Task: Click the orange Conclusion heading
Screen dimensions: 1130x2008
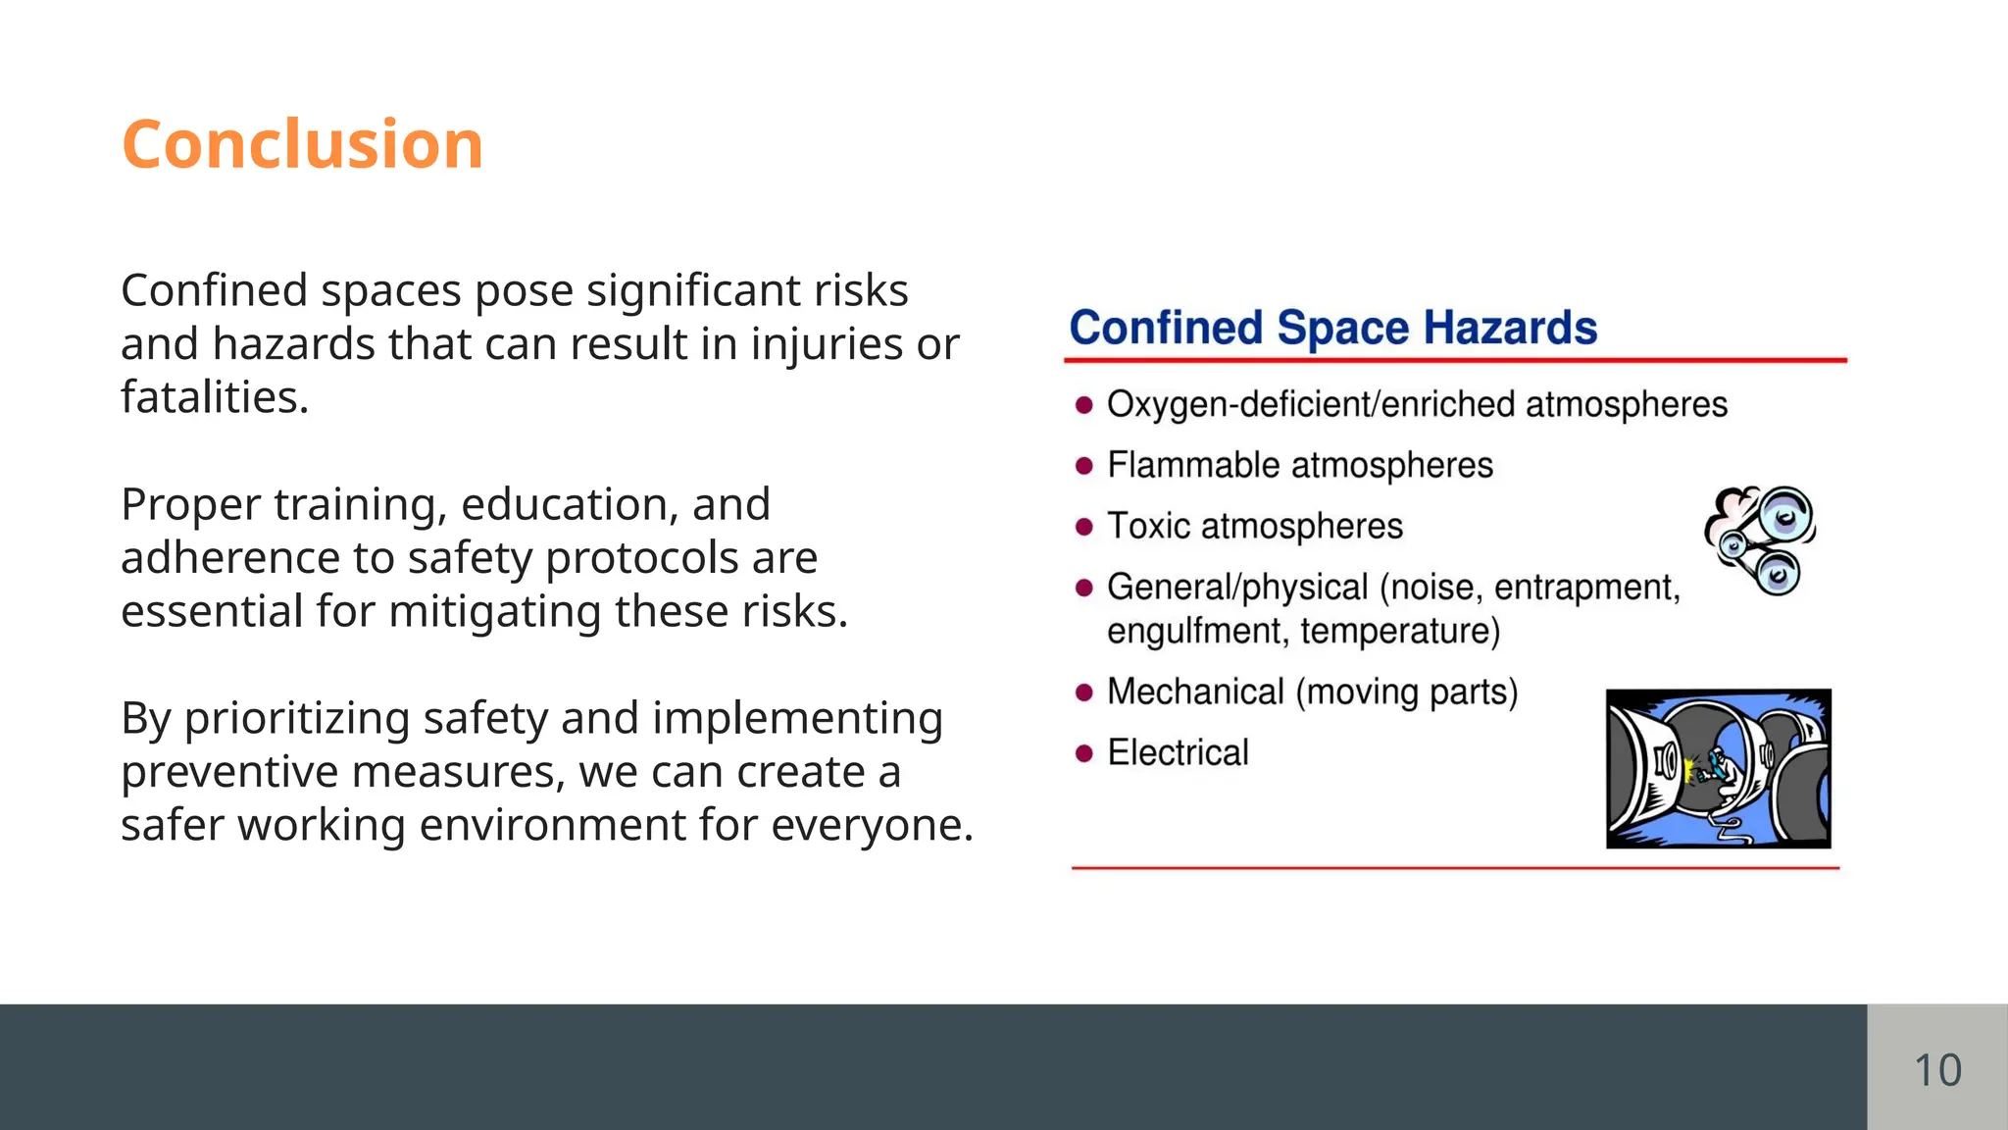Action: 302,144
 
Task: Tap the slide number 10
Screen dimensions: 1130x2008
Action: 1937,1069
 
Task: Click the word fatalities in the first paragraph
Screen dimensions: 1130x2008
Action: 214,397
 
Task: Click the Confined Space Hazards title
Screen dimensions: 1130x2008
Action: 1332,328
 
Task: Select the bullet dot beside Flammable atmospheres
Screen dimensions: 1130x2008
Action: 1083,465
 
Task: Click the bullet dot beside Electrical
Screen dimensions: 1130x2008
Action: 1083,753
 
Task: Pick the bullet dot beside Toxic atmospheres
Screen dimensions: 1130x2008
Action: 1083,527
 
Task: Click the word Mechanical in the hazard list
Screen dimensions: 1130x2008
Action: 1195,692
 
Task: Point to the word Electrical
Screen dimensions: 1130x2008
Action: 1178,753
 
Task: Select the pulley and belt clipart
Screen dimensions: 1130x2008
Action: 1761,539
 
